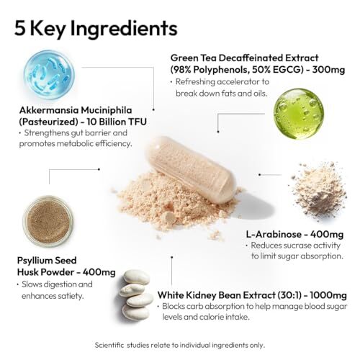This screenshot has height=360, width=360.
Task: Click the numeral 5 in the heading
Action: pos(20,28)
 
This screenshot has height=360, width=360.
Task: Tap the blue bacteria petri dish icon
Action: pos(49,75)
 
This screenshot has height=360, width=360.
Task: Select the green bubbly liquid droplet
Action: pos(299,114)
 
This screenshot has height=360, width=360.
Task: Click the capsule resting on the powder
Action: pos(191,169)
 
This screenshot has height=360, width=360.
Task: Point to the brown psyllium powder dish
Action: pos(48,221)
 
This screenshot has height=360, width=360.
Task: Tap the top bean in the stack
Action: pos(135,277)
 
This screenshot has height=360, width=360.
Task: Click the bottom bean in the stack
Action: pos(135,312)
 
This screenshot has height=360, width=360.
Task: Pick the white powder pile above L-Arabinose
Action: pos(319,189)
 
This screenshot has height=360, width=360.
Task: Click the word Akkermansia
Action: pos(49,110)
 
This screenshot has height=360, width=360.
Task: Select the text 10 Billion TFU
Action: pos(117,122)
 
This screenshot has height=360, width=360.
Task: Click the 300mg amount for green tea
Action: pos(328,70)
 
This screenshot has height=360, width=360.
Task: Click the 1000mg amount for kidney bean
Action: pos(328,295)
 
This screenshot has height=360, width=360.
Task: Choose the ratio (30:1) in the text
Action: pos(289,295)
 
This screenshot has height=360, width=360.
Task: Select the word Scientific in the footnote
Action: pos(109,345)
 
